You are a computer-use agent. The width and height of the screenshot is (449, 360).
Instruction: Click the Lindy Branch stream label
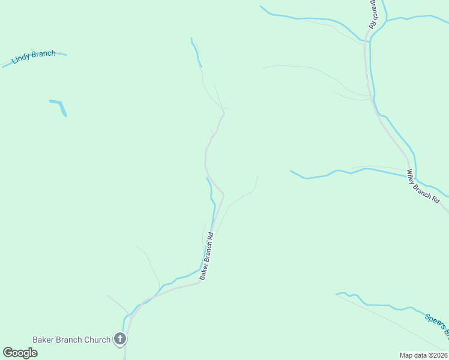pos(34,57)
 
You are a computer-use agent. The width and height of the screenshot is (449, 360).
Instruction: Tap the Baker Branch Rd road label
pos(207,256)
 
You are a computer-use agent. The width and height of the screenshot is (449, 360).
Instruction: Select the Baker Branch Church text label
pos(71,340)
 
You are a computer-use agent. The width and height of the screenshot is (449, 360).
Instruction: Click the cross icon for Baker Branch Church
pos(120,340)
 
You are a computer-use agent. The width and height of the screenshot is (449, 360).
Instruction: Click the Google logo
pos(20,353)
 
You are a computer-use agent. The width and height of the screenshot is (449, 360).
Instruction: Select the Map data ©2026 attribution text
pos(423,355)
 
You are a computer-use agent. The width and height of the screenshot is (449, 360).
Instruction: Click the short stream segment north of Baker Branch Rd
pos(196,52)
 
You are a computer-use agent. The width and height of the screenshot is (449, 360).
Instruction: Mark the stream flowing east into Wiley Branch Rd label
pos(348,172)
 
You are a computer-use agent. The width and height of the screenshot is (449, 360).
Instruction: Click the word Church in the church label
pos(97,340)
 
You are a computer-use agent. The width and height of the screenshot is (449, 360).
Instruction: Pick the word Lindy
pos(21,60)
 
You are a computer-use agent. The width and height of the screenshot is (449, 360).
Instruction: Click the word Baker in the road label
pos(202,272)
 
